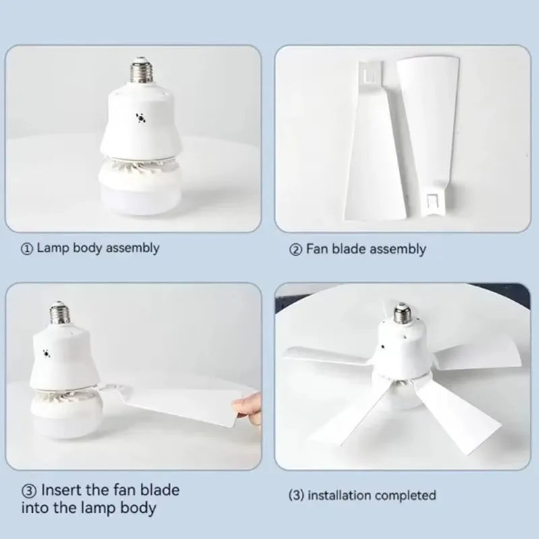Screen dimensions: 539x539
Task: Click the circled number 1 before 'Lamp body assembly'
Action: pos(27,249)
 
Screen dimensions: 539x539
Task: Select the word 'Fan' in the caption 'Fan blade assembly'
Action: pos(317,249)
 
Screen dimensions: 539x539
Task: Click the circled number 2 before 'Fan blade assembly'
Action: pos(295,249)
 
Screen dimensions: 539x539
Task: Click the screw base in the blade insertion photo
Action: pos(57,315)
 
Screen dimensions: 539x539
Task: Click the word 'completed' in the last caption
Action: pos(406,496)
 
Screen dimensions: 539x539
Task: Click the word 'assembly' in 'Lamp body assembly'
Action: pos(131,248)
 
